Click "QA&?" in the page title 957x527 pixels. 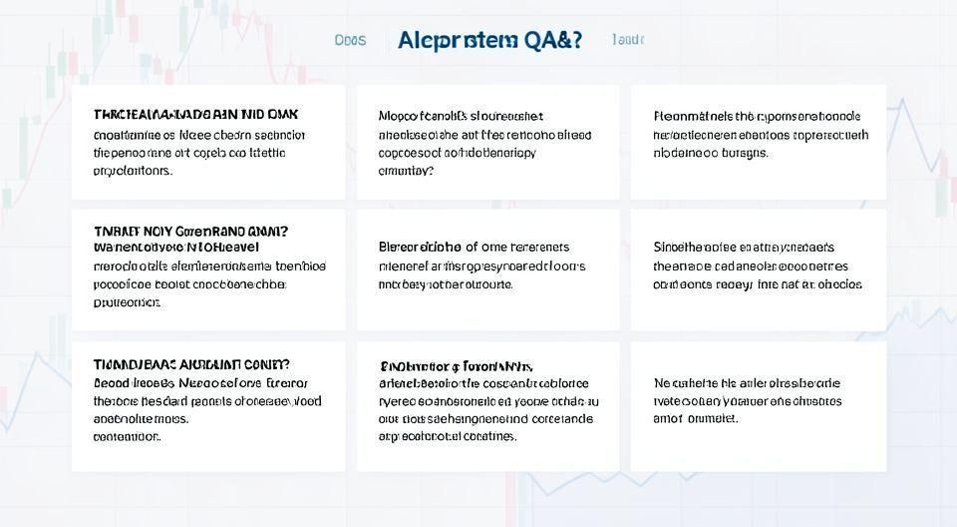pyautogui.click(x=550, y=40)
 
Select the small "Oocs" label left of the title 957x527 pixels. pyautogui.click(x=350, y=40)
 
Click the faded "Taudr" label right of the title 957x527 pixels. pyautogui.click(x=628, y=40)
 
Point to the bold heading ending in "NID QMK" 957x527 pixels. pyautogui.click(x=195, y=115)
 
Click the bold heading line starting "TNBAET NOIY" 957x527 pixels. pyautogui.click(x=190, y=231)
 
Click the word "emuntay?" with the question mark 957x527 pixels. pyautogui.click(x=406, y=171)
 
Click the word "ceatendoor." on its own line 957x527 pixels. pyautogui.click(x=127, y=436)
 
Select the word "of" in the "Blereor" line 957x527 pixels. pyautogui.click(x=472, y=248)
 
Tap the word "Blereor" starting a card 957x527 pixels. pyautogui.click(x=402, y=248)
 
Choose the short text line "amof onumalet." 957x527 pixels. pyautogui.click(x=696, y=418)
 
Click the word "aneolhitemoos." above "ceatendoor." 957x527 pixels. pyautogui.click(x=141, y=419)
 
